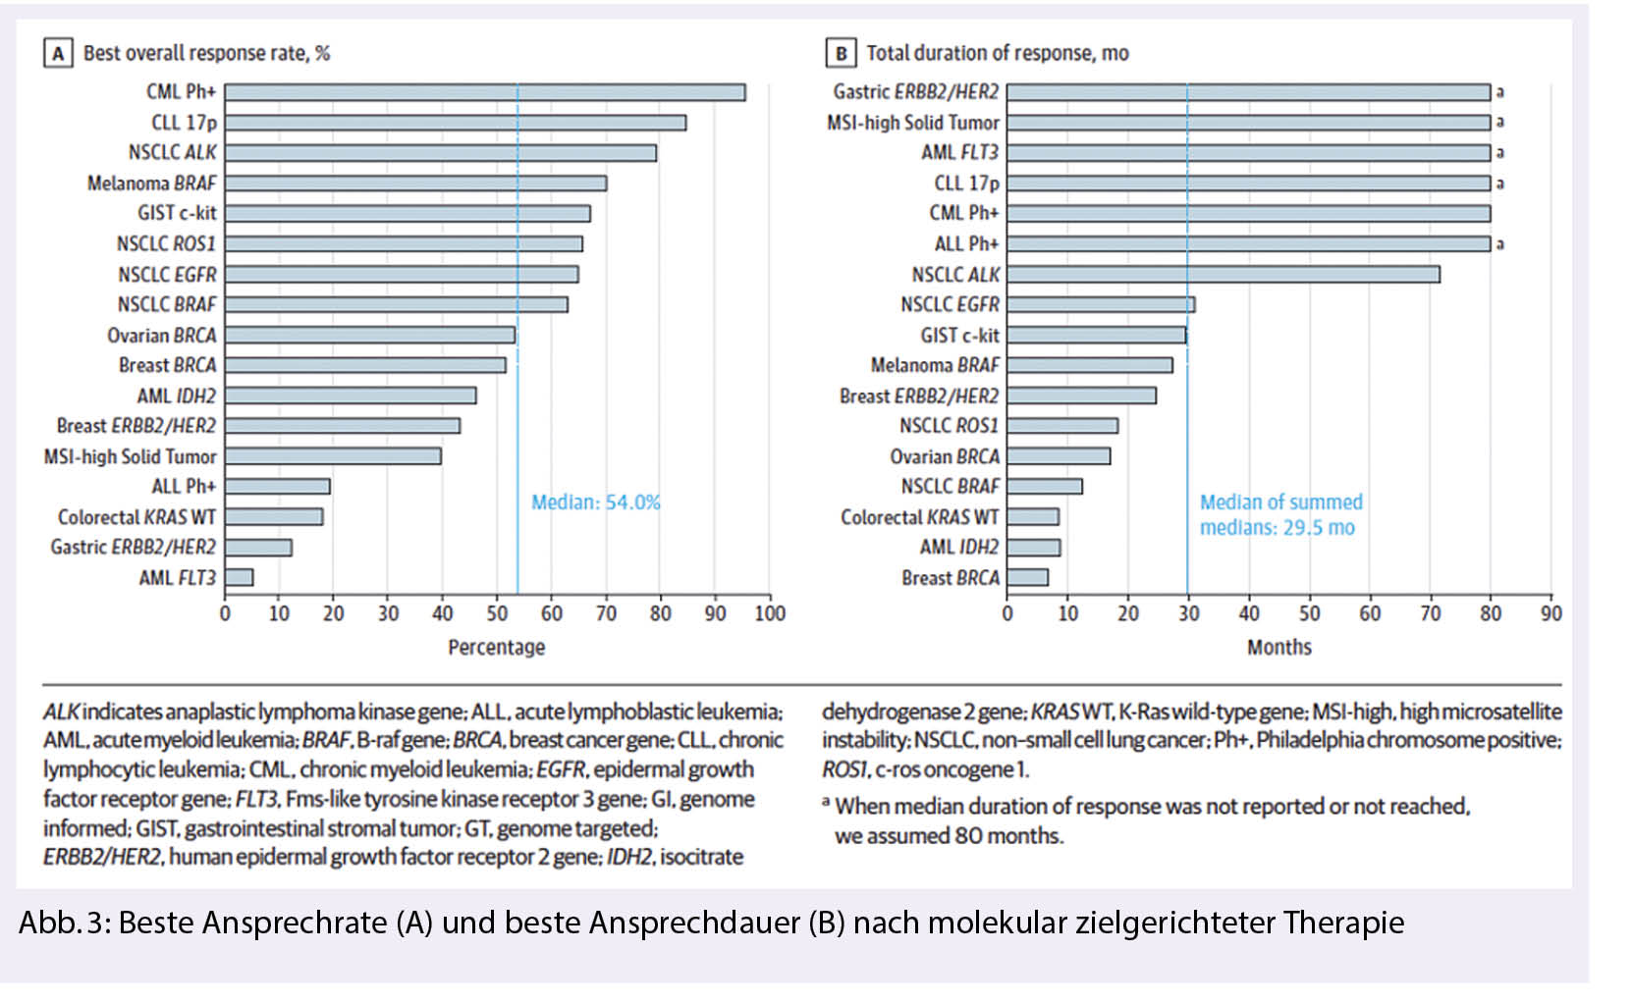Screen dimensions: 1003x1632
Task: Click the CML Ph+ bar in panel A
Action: pos(484,92)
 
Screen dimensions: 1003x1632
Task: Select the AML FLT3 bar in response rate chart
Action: pos(239,577)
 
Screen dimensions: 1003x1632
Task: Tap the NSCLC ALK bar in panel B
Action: pos(1223,274)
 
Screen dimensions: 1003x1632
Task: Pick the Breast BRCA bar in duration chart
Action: pos(1027,577)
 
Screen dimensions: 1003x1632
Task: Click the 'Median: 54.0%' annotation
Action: pos(595,502)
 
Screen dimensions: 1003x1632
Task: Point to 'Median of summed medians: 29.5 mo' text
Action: pos(1280,514)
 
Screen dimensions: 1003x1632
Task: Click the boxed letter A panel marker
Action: pos(58,53)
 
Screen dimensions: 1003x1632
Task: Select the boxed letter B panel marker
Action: pos(841,53)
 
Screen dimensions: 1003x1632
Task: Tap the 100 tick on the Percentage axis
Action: pos(770,613)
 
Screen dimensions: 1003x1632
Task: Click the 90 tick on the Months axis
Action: pos(1551,613)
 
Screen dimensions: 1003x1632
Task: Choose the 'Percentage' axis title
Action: pos(496,647)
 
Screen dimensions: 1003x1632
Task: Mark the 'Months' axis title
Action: pos(1278,647)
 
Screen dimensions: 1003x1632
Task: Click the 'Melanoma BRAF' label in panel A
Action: pos(151,184)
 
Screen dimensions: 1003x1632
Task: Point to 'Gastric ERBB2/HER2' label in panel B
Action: pos(915,92)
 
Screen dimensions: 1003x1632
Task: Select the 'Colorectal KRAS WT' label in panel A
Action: pos(136,517)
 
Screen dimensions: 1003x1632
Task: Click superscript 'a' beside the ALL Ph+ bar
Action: pos(1499,244)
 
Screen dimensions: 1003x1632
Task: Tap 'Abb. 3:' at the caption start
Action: pos(64,923)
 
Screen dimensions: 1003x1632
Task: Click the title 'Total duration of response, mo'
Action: pos(997,53)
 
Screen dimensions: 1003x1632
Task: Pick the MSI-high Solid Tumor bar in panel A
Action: pos(333,456)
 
